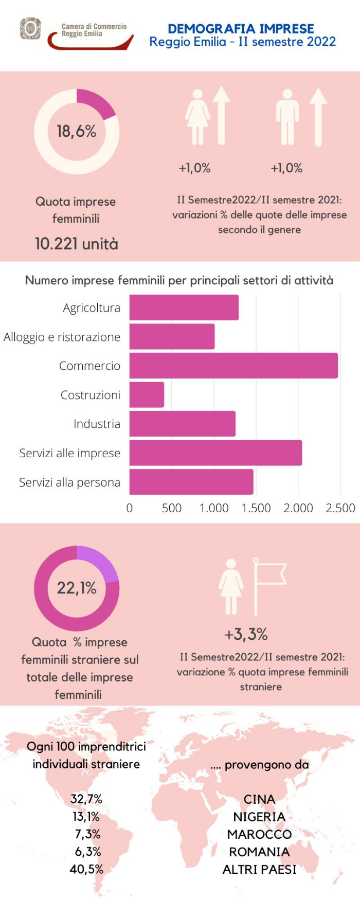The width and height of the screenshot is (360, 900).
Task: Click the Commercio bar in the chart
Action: (x=233, y=366)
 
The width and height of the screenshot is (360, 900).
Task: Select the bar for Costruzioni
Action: (x=147, y=395)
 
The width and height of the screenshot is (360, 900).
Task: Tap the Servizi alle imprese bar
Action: (x=215, y=453)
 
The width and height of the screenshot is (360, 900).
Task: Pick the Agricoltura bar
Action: (x=184, y=308)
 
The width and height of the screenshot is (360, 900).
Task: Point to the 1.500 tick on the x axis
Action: (x=256, y=508)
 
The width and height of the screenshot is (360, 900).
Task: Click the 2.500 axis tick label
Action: (x=340, y=508)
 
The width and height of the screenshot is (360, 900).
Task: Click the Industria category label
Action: (x=97, y=424)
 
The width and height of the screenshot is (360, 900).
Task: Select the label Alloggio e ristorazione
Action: (x=62, y=337)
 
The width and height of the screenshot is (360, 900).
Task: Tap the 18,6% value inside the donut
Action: (x=77, y=132)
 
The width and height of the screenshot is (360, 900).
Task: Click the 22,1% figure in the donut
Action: (x=77, y=588)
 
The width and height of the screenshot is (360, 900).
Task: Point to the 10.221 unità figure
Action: (x=77, y=243)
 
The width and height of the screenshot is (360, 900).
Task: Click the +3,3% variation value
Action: (x=246, y=634)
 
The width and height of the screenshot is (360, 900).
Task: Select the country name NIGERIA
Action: (x=259, y=817)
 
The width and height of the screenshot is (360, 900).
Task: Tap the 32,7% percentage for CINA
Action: (x=86, y=799)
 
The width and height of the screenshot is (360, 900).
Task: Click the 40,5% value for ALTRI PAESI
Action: (x=86, y=869)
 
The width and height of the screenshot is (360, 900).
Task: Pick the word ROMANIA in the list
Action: (x=259, y=852)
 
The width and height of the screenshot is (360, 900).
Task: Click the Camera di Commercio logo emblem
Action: (x=30, y=28)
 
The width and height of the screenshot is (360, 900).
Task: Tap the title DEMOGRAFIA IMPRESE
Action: (x=241, y=28)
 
